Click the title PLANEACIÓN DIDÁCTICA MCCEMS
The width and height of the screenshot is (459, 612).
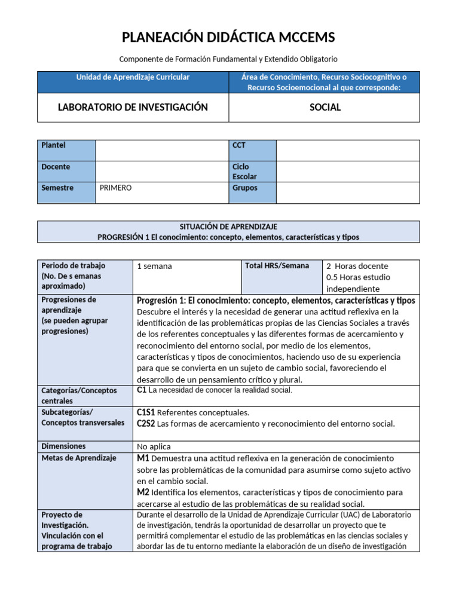tap(228, 38)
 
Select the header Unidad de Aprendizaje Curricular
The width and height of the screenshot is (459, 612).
tap(133, 77)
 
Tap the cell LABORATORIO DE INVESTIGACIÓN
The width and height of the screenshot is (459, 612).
tap(133, 108)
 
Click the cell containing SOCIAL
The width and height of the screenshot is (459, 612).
tap(325, 108)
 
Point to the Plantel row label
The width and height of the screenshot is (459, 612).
tap(54, 145)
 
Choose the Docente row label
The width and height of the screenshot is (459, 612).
tap(56, 167)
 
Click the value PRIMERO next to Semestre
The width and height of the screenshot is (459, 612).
tap(115, 188)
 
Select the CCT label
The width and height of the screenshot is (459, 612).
tap(239, 145)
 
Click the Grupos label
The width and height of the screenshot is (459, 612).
tap(245, 188)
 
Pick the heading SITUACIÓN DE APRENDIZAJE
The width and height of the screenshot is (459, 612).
tap(228, 227)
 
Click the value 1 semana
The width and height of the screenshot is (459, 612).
tap(154, 266)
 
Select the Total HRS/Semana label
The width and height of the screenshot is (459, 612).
tap(277, 265)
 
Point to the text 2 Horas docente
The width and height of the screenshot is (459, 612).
tap(357, 266)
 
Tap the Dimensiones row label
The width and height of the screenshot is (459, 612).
tap(63, 446)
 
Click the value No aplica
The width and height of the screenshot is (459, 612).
tap(154, 446)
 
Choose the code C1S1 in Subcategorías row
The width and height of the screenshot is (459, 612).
tap(146, 412)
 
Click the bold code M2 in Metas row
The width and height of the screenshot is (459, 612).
tap(143, 492)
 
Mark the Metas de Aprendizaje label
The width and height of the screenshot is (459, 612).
tap(78, 458)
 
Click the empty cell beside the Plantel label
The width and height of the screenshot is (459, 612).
tap(161, 150)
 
